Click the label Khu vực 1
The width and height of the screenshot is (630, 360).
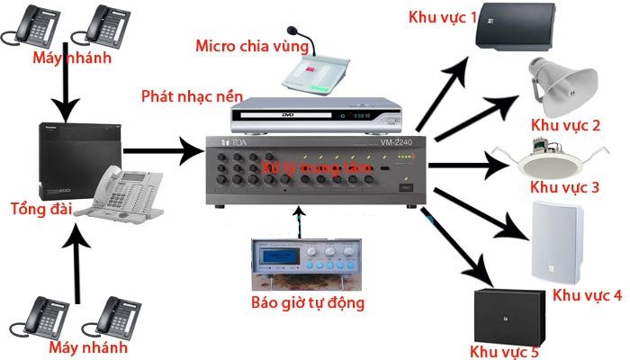point(442,16)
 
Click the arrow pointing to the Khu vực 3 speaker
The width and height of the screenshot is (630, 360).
point(468,166)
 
